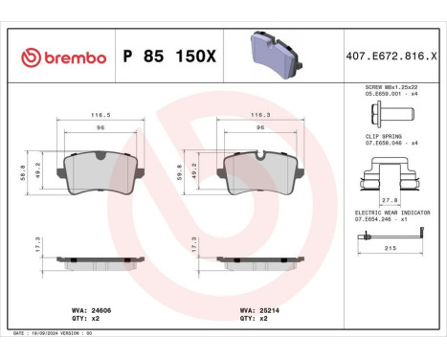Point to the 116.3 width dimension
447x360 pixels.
[257, 115]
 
